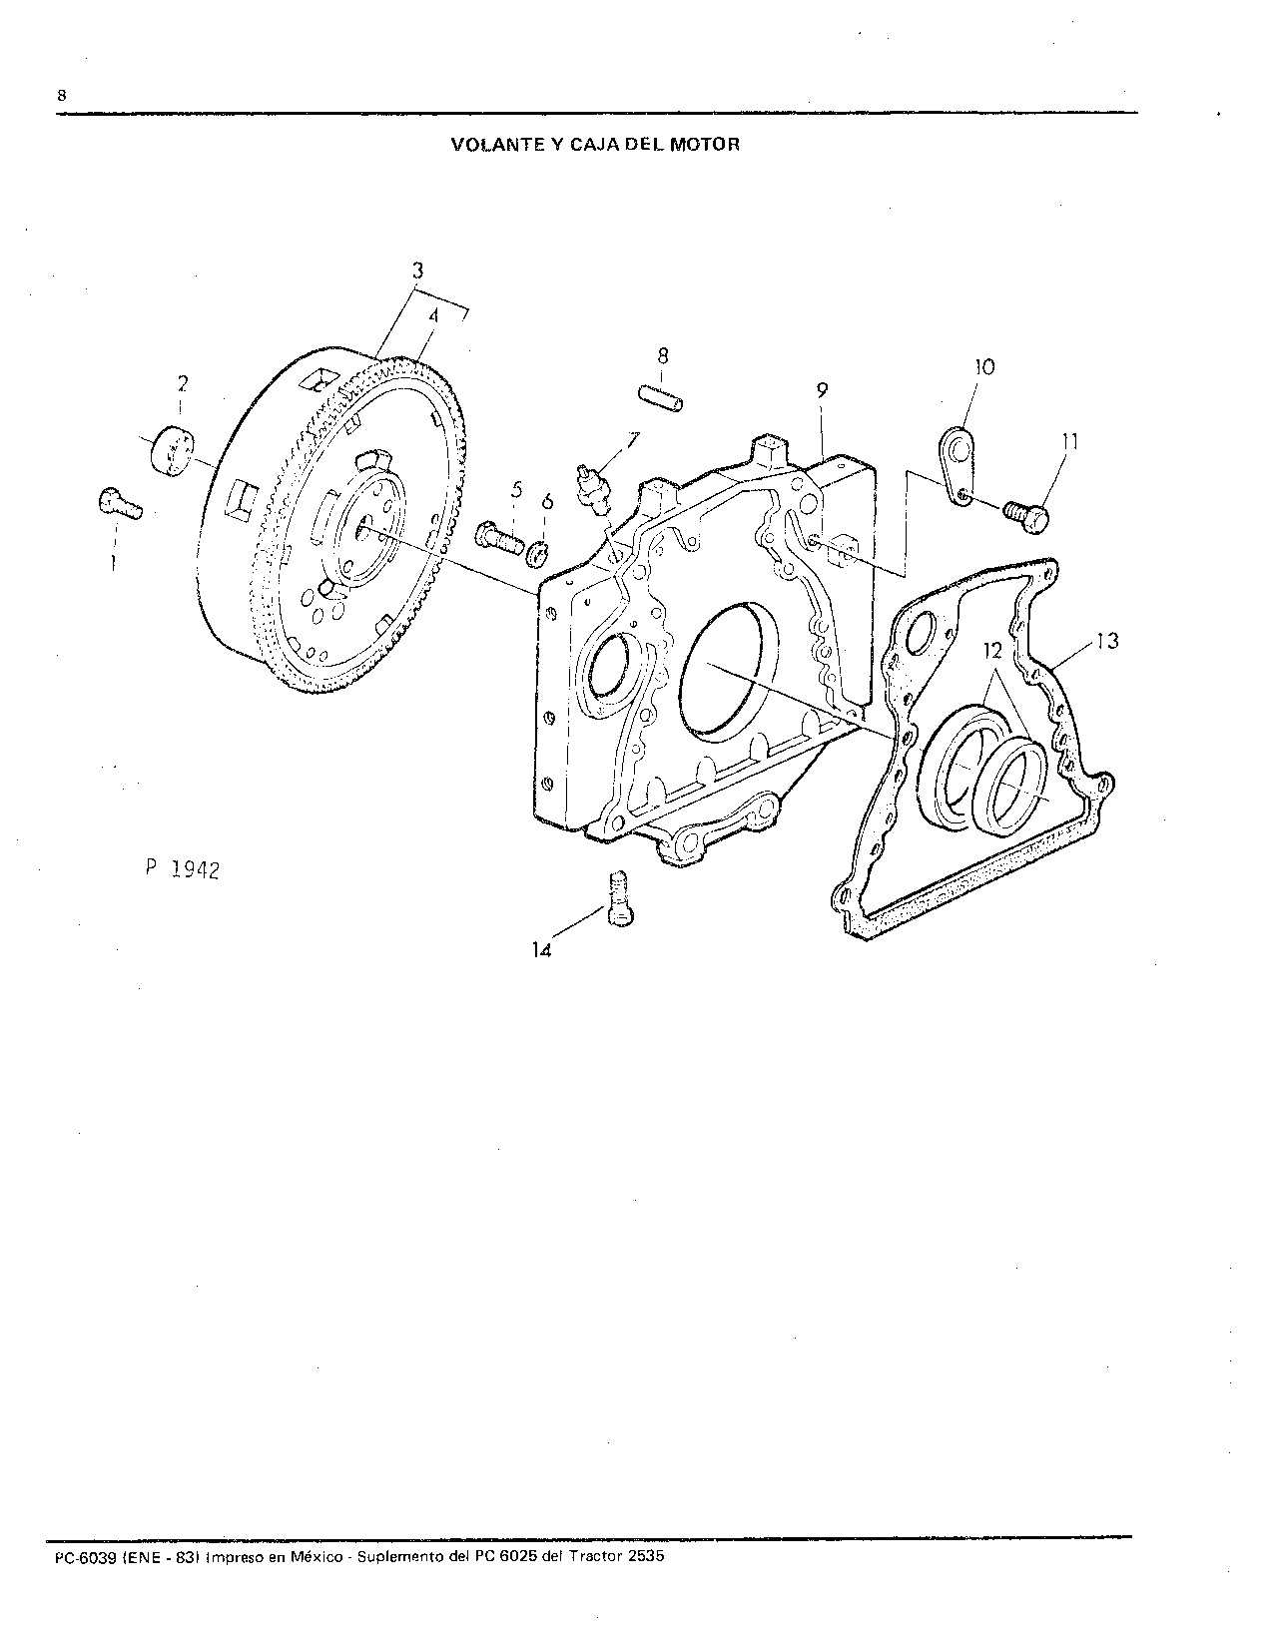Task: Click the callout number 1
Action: pyautogui.click(x=113, y=563)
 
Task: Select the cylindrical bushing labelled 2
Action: pyautogui.click(x=172, y=451)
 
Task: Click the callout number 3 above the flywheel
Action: pyautogui.click(x=417, y=270)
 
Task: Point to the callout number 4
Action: pyautogui.click(x=433, y=315)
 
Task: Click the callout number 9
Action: pyautogui.click(x=822, y=390)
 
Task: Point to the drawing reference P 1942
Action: pyautogui.click(x=182, y=869)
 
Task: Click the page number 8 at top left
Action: pyautogui.click(x=61, y=96)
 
